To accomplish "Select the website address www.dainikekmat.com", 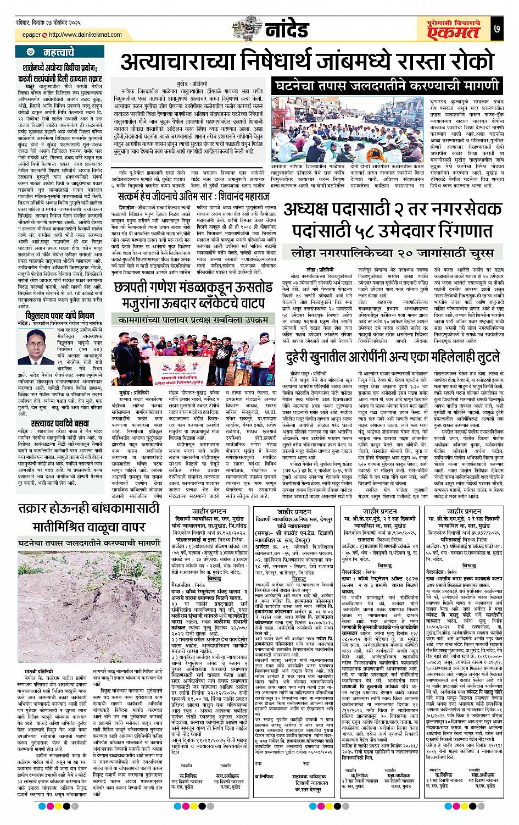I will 86,35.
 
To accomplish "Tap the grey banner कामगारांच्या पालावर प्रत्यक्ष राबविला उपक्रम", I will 196,319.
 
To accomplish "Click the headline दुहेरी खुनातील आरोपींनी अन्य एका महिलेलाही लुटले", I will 393,356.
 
